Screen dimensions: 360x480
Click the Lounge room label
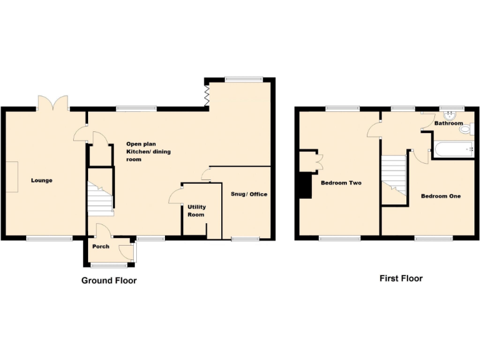coord(42,181)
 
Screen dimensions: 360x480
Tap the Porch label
coord(101,246)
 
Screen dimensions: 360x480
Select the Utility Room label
coord(196,211)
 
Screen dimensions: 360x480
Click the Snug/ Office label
coord(249,194)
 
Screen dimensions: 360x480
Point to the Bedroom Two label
coord(341,183)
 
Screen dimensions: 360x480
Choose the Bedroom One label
coord(441,196)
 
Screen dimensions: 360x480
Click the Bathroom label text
coord(449,124)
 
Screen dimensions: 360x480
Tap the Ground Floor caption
coord(109,281)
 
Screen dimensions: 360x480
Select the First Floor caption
coord(401,279)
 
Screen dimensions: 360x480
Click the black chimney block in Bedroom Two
coord(304,186)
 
